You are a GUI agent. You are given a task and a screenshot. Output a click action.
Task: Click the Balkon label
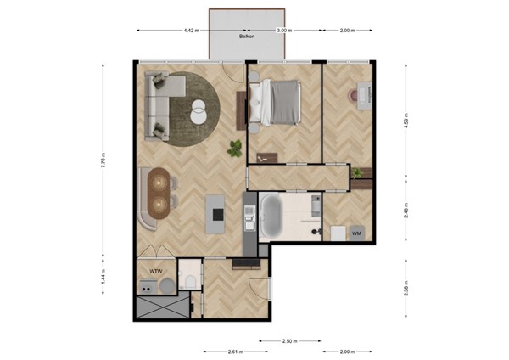pos(247,37)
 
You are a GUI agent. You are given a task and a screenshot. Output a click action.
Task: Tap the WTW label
pos(156,272)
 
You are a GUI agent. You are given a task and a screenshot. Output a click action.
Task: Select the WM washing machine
pos(357,233)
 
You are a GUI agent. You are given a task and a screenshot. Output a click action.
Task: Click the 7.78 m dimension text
pos(103,160)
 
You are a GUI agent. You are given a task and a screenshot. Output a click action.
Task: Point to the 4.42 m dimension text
pos(192,31)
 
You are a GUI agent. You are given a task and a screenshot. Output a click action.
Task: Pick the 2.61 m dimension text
pos(236,352)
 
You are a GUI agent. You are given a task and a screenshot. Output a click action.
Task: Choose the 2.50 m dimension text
pos(290,341)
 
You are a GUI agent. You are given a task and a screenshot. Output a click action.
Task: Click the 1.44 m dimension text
pos(103,277)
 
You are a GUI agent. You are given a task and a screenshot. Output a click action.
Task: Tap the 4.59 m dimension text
pos(406,121)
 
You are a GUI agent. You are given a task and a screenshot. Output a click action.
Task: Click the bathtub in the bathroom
pos(271,216)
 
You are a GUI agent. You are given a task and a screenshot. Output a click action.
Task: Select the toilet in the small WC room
pos(191,282)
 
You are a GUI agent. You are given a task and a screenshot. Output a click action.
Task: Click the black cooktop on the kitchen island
pos(218,214)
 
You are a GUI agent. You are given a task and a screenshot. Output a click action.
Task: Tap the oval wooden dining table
pos(159,194)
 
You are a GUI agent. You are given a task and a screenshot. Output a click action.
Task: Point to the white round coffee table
pos(199,112)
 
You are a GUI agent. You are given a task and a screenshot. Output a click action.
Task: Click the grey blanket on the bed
pos(284,102)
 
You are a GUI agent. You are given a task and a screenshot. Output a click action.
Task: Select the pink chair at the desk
pos(353,95)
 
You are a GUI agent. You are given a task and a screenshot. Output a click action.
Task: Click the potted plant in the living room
pos(235,148)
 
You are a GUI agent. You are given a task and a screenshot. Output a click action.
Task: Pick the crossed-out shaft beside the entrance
pos(162,307)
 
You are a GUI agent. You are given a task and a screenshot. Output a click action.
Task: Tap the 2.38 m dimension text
pos(406,289)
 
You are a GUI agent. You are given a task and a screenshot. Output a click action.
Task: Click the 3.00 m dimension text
pos(284,31)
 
